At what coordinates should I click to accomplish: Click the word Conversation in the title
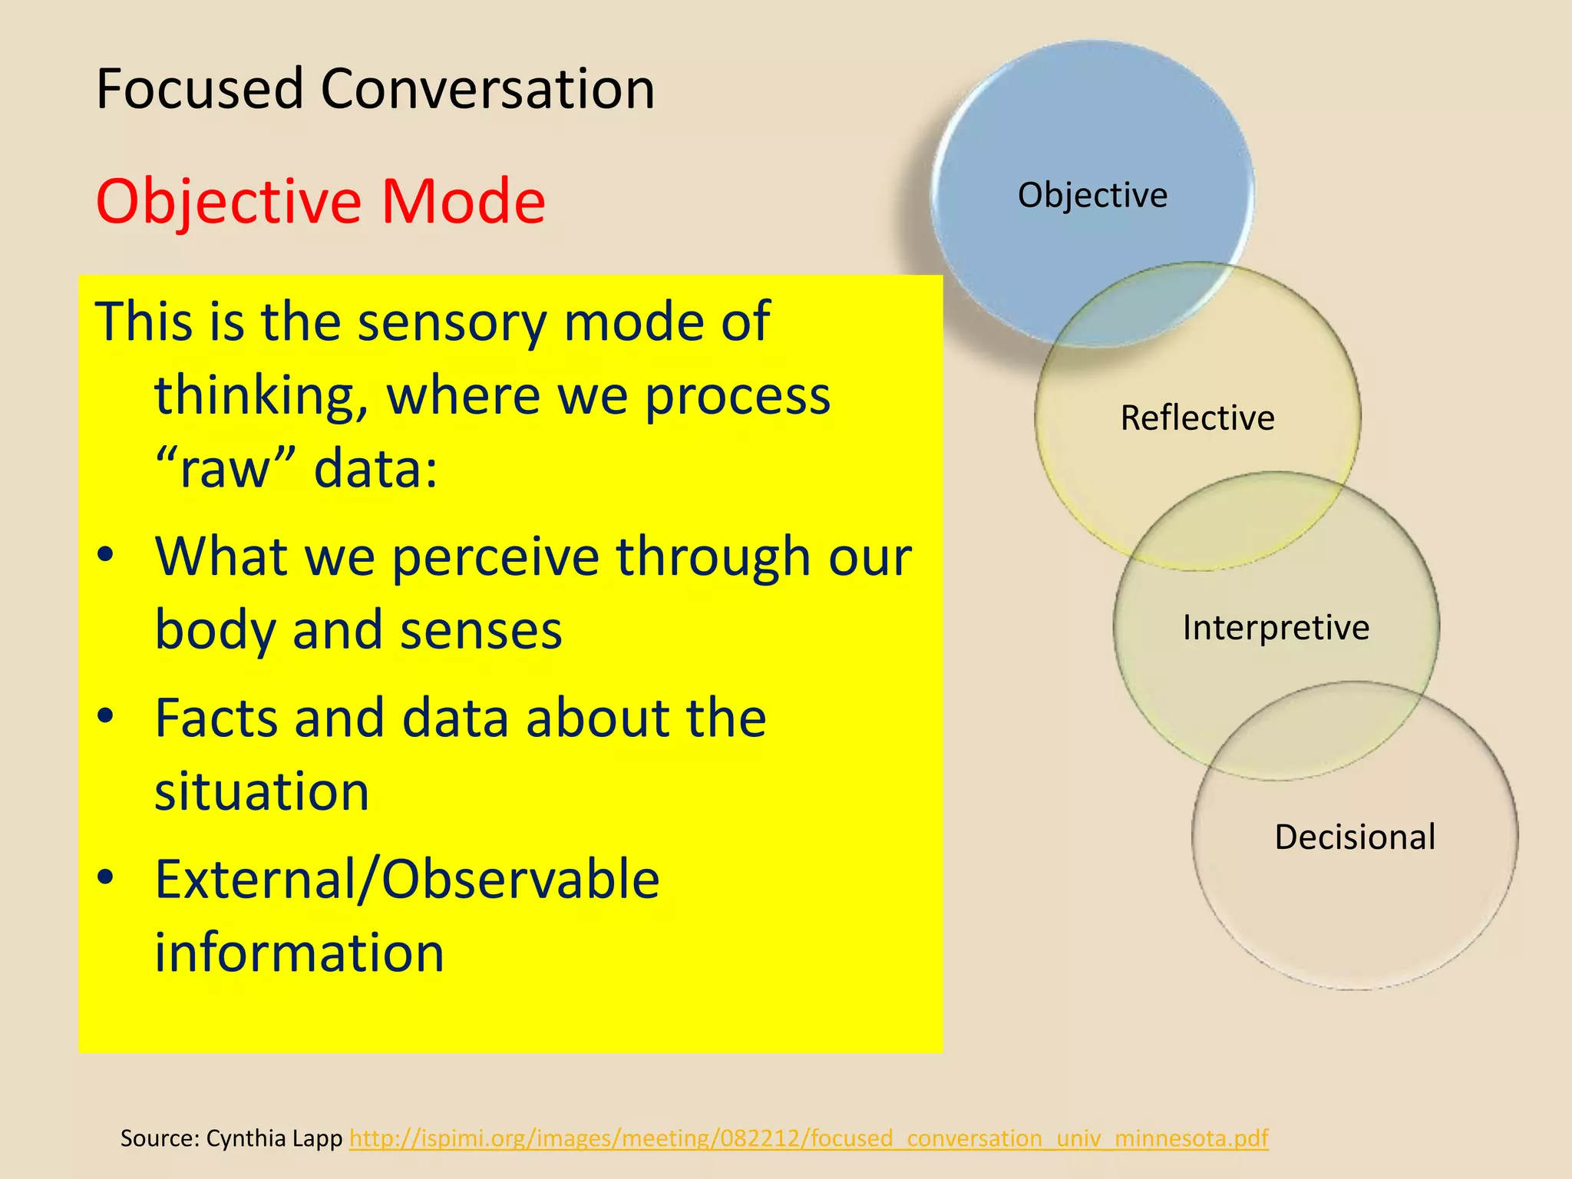[487, 89]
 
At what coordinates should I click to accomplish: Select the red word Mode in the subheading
[463, 201]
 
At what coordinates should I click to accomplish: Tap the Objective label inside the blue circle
[1092, 195]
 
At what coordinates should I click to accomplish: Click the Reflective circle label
[1197, 418]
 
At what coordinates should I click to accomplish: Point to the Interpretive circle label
[1276, 628]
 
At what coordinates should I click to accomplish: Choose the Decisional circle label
[1355, 837]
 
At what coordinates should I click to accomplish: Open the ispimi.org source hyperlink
[808, 1138]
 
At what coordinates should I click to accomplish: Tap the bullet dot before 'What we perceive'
[106, 554]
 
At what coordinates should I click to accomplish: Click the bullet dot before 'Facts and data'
[106, 716]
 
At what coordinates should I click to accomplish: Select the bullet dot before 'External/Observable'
[106, 877]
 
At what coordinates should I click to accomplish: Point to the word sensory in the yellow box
[452, 322]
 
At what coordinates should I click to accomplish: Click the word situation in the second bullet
[262, 792]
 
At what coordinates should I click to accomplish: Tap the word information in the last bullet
[299, 953]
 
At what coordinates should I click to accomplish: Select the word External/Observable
[407, 880]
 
